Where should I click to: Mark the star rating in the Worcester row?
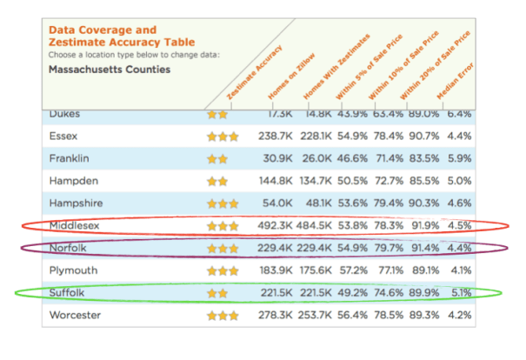222,314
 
